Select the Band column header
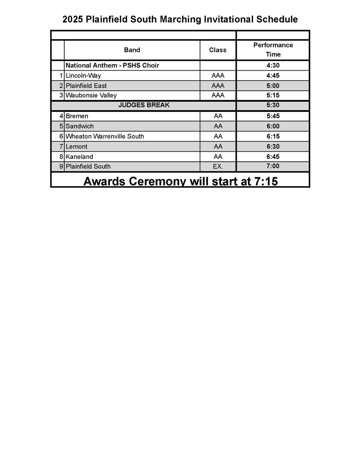[132, 50]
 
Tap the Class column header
[217, 50]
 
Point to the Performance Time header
[273, 50]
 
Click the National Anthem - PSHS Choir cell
[112, 66]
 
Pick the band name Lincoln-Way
[83, 76]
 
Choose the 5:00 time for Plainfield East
[273, 86]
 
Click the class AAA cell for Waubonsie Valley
[218, 95]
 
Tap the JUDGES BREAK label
[144, 105]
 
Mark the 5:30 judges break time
[273, 105]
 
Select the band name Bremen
[77, 116]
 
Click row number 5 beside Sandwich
[61, 126]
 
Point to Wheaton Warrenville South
[105, 137]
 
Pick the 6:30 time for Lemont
[273, 147]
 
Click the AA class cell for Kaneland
[218, 157]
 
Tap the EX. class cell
[218, 167]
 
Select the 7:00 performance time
[273, 166]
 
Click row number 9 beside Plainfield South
[61, 167]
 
